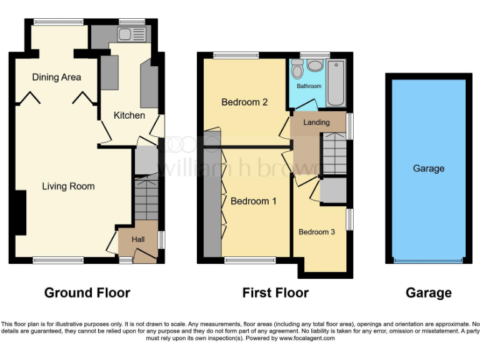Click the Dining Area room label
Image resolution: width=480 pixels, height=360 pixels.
click(57, 77)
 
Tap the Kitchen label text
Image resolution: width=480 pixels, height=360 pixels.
click(129, 116)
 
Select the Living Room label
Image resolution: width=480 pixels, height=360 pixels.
click(68, 186)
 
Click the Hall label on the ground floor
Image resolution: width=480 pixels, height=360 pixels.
click(138, 239)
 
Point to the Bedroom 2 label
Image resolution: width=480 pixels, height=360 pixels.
click(244, 102)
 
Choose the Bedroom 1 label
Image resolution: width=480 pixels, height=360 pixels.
click(254, 201)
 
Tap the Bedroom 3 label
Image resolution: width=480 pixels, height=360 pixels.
click(316, 232)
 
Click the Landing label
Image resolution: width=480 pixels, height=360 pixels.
click(316, 122)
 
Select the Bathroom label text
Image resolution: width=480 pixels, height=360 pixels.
click(309, 86)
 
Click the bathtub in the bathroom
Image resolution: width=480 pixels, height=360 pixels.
click(336, 83)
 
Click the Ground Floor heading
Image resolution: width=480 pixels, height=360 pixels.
click(87, 292)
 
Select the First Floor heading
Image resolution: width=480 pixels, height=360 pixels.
click(276, 292)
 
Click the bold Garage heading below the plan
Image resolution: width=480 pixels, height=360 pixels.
click(428, 292)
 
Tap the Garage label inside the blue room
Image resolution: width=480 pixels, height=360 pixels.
click(428, 168)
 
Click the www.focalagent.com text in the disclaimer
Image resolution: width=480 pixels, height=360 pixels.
click(307, 338)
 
